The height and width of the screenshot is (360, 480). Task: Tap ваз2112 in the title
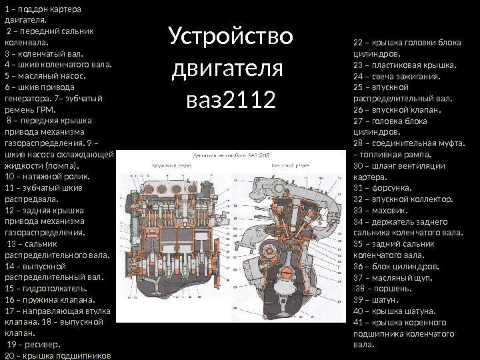point(231,102)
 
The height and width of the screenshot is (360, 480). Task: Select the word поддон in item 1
point(33,9)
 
